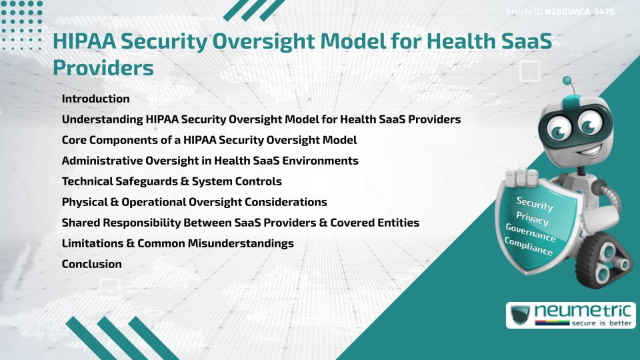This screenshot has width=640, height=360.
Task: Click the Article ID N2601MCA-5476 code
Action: point(579,12)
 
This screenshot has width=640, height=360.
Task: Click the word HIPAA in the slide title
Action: point(89,42)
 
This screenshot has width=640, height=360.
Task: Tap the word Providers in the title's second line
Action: point(103,68)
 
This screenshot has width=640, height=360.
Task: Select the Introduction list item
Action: point(95,99)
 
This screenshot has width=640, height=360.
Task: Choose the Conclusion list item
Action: point(91,264)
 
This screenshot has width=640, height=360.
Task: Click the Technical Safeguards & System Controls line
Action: point(171,181)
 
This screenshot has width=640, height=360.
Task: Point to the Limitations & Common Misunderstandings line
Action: point(177,243)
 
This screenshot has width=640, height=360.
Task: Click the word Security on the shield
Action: point(535,203)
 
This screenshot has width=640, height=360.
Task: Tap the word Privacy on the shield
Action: point(533,218)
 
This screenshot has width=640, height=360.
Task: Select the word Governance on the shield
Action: point(531,233)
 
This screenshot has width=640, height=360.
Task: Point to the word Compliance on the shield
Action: point(529,247)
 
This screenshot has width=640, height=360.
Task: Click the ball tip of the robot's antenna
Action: point(568,81)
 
